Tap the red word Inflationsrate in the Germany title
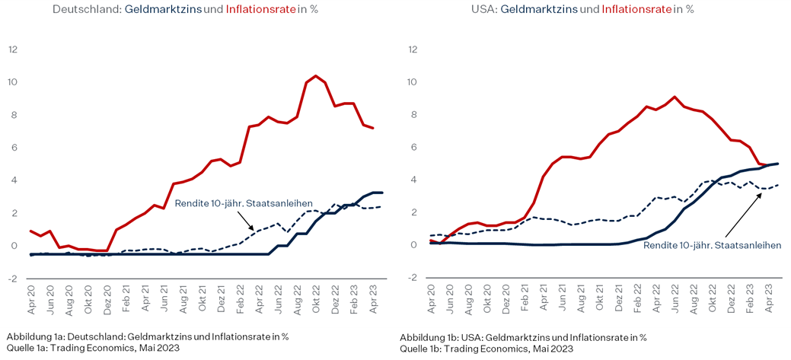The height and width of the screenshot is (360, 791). [x=259, y=10]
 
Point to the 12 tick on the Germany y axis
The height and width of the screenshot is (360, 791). [x=13, y=49]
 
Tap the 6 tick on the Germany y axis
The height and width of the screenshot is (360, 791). [x=13, y=148]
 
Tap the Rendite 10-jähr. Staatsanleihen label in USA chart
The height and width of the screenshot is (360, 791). [x=712, y=245]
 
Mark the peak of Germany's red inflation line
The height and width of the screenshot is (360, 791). [x=316, y=76]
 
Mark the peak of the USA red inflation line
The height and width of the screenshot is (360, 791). [x=675, y=97]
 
